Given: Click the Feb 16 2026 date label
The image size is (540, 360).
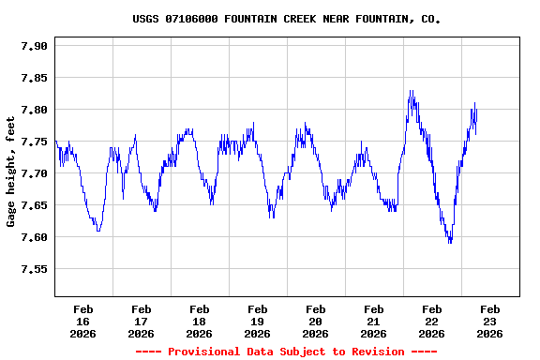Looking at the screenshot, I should point(82,321).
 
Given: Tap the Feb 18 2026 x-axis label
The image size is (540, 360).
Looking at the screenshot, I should point(199,321).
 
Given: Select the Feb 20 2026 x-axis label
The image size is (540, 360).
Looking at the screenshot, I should point(315,321).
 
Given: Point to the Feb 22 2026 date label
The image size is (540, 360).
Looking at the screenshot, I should point(431,321).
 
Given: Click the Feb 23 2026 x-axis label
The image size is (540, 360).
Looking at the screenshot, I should point(489,321).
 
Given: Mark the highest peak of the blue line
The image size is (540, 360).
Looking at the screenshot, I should point(410,91).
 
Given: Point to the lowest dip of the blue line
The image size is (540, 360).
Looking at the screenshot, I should point(450,243).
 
